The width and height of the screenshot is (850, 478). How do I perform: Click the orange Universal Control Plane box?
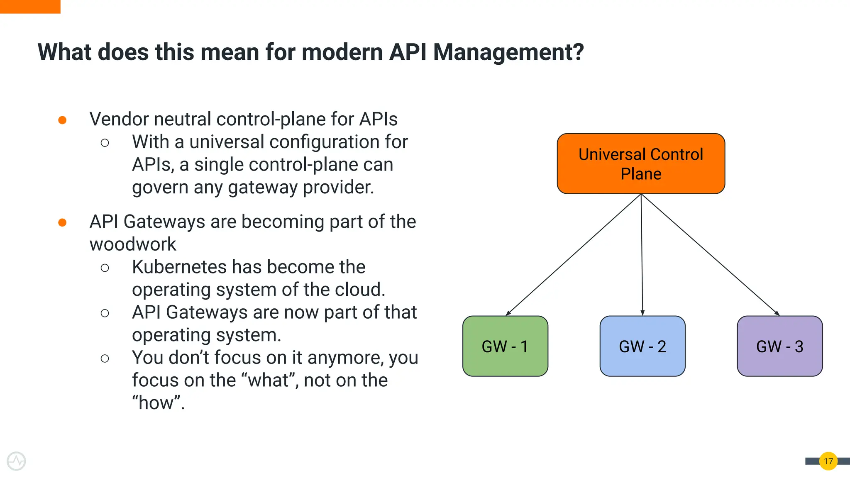pos(641,163)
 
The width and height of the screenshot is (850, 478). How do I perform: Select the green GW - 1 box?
pos(505,346)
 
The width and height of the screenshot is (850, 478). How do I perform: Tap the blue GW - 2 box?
pos(642,346)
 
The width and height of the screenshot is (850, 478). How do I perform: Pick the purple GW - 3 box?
pos(779,346)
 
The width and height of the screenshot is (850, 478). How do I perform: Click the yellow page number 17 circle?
pos(828,461)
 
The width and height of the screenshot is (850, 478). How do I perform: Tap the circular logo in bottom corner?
pos(16,461)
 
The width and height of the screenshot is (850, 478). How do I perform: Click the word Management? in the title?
pos(508,52)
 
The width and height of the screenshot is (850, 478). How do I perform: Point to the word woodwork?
pos(133,244)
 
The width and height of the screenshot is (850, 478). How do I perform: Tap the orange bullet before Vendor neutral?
pos(62,120)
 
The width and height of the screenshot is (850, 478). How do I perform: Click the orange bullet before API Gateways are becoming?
pos(62,223)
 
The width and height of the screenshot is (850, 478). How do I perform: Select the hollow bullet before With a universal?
pos(105,143)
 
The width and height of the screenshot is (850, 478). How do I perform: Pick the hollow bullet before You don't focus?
pos(105,358)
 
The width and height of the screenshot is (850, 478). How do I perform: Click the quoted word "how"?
pos(158,403)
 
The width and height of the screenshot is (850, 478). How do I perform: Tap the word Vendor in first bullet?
pos(119,119)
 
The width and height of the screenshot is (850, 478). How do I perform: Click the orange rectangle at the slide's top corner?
pos(30,7)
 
